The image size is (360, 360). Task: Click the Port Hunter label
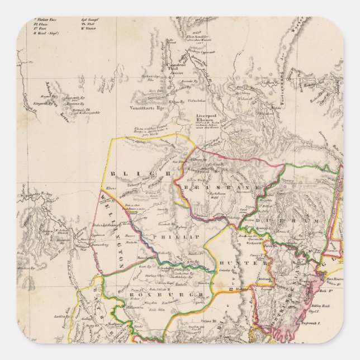click(x=333, y=276)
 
